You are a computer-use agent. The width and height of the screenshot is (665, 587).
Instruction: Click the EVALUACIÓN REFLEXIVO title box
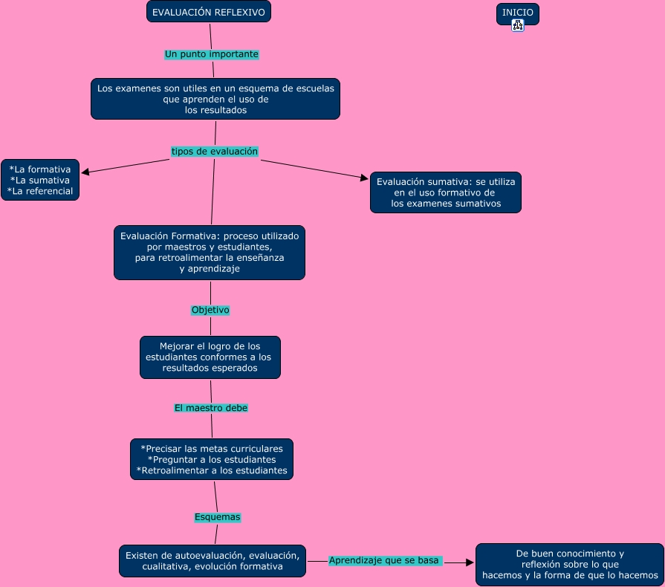[x=208, y=12]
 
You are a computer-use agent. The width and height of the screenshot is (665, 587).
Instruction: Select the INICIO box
[x=517, y=13]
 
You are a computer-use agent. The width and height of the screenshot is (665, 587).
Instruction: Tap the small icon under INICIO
[x=518, y=25]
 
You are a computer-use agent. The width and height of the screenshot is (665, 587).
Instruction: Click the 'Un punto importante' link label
[x=211, y=54]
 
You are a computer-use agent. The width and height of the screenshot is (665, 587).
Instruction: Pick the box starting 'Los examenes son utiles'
[x=215, y=99]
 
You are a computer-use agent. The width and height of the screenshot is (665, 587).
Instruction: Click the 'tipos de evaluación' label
[x=214, y=152]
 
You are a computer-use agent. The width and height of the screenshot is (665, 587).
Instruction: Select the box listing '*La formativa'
[x=40, y=180]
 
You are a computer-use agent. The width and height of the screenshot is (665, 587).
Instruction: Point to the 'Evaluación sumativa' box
[x=445, y=192]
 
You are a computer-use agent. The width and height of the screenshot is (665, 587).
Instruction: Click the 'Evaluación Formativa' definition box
[x=210, y=253]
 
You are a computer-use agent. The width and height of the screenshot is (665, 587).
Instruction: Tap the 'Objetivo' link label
[x=210, y=310]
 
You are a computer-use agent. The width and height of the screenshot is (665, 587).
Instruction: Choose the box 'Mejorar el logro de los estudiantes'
[x=210, y=357]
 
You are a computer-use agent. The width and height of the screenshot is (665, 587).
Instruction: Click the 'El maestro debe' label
[x=211, y=408]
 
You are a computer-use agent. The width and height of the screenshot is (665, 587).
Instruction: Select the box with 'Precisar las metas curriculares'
[x=212, y=459]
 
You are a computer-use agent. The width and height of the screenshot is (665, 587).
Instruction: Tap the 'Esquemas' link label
[x=217, y=516]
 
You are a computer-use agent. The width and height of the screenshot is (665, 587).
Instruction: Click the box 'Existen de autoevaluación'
[x=213, y=561]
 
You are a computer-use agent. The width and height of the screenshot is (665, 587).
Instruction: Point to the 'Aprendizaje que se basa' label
[x=385, y=560]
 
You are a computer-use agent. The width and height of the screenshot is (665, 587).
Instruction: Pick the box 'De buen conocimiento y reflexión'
[x=569, y=565]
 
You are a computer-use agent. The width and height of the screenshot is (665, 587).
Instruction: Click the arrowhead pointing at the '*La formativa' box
[x=85, y=172]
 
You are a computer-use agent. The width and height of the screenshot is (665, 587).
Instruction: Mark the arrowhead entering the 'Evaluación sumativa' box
[x=364, y=178]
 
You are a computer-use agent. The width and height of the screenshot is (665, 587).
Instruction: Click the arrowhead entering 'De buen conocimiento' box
[x=470, y=563]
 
